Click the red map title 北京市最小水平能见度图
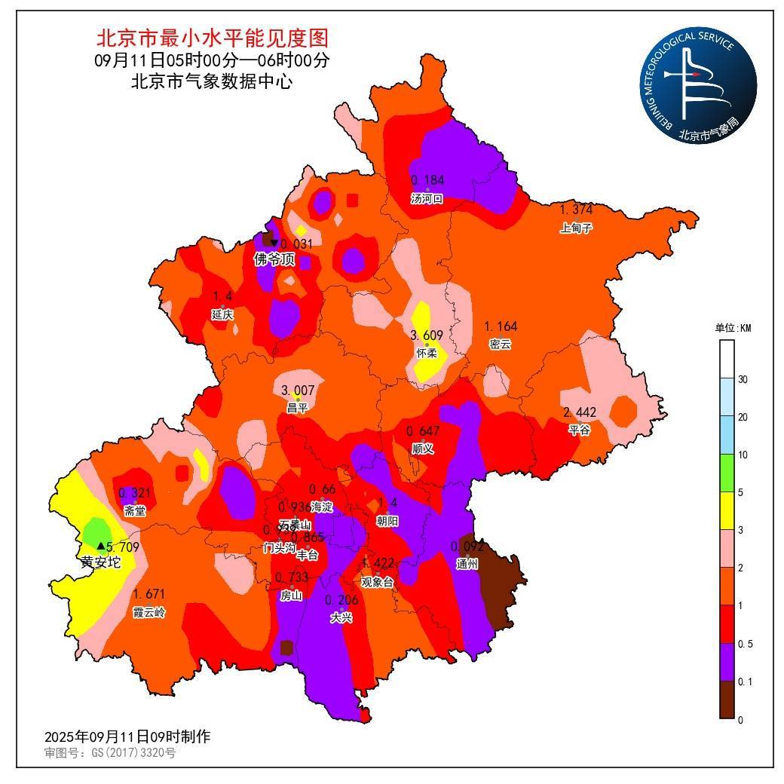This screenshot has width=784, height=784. [212, 38]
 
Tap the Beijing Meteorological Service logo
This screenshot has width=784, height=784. [698, 89]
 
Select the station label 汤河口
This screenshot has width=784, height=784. [427, 199]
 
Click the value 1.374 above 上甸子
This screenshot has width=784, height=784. [577, 209]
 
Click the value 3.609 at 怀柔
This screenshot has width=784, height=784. [427, 335]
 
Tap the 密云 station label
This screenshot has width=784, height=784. [500, 345]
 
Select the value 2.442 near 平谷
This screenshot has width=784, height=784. [579, 412]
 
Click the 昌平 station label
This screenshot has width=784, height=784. [297, 408]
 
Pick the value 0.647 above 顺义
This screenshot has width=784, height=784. [423, 431]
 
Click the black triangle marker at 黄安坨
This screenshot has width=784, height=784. [101, 545]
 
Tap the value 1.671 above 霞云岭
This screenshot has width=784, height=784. [149, 594]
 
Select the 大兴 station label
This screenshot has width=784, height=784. [341, 617]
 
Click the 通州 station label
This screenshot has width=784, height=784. [467, 563]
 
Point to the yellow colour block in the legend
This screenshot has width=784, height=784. [727, 511]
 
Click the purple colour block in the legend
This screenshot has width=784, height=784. [727, 663]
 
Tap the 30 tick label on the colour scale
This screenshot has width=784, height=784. [742, 379]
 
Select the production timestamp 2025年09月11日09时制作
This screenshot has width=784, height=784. [127, 737]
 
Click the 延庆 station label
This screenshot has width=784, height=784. [222, 314]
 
